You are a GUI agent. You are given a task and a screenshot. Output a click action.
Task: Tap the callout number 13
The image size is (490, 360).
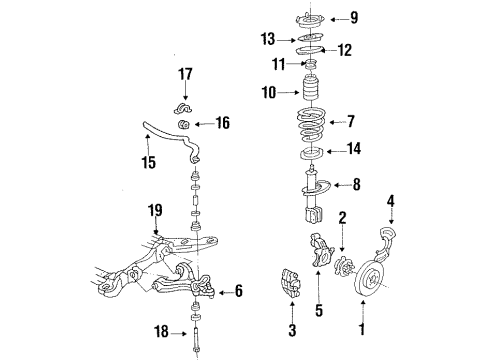click(266, 40)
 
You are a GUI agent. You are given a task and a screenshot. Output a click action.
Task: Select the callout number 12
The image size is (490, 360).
click(346, 48)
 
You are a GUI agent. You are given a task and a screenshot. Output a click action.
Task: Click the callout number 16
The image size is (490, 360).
click(222, 124)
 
